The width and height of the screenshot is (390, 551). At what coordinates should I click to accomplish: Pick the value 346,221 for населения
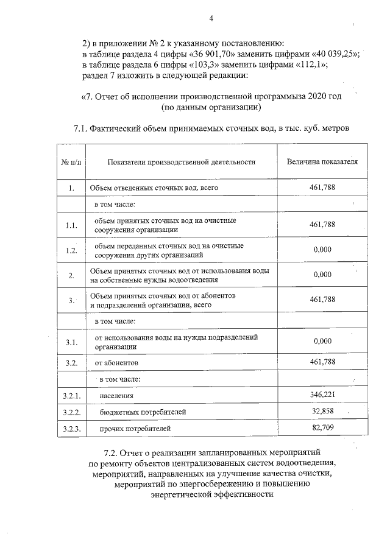[x=322, y=396]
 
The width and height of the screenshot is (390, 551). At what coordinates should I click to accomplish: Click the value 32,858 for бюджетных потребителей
[x=322, y=412]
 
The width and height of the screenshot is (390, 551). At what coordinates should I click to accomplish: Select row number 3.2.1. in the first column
[x=71, y=396]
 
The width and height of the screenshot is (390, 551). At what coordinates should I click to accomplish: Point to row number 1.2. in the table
[x=71, y=250]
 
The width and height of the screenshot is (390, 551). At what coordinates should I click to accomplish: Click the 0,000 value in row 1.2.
[x=322, y=250]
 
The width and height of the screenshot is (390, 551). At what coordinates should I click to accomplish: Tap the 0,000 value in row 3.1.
[x=322, y=341]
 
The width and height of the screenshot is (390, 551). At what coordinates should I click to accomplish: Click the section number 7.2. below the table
[x=114, y=454]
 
